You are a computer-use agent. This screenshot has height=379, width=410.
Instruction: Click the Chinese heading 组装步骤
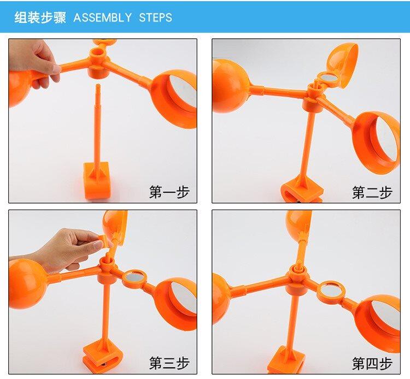40,17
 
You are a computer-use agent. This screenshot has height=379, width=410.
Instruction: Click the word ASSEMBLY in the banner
103,18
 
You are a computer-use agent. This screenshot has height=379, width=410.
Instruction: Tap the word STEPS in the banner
155,18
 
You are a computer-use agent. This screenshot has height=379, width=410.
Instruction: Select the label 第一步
169,192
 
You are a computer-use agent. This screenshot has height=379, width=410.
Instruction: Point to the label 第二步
372,193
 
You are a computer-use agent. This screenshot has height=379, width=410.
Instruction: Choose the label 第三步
169,363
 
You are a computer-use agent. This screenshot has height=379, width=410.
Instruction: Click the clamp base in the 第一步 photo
97,180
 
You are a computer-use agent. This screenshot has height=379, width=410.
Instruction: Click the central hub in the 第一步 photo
98,63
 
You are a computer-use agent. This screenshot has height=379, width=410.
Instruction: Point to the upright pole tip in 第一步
98,85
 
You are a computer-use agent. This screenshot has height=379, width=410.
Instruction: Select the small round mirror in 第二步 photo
326,78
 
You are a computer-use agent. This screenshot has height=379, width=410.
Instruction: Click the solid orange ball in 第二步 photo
230,86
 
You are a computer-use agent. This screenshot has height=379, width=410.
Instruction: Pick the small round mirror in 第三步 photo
134,277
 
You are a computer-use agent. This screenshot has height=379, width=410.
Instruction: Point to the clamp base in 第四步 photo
287,360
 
